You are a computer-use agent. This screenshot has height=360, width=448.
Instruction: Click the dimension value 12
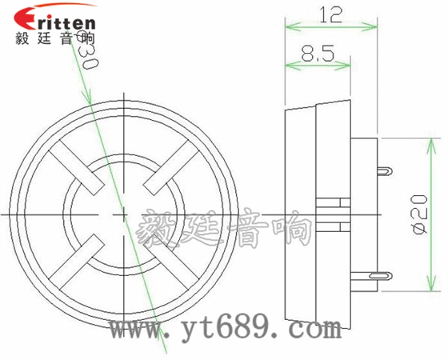[330, 14]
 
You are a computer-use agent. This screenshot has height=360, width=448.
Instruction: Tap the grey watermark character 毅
[159, 228]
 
